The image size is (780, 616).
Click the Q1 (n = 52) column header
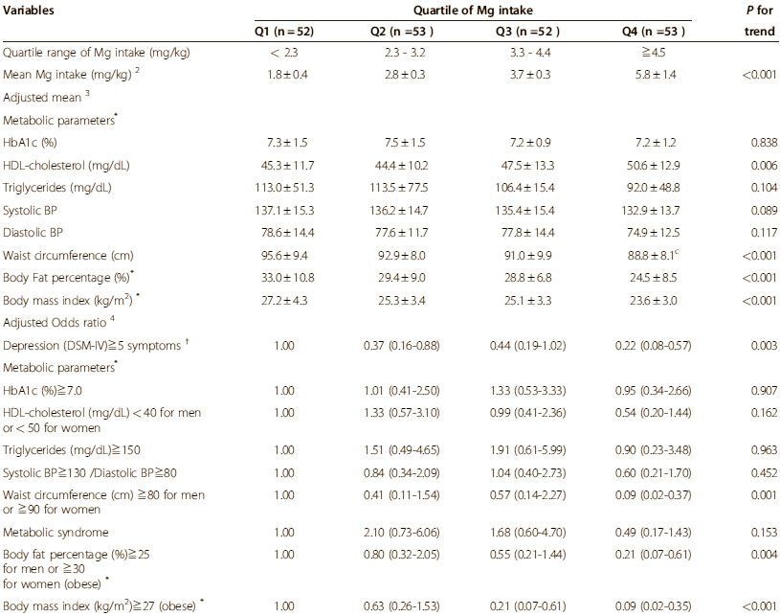284,32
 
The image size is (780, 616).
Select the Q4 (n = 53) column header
653,32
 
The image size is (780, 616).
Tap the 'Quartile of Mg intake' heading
473,10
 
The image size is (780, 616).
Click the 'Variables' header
29,10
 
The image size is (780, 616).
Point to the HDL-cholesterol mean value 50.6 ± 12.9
652,166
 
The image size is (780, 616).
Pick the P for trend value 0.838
764,143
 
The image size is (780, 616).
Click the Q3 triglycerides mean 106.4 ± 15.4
527,188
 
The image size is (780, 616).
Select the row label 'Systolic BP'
30,210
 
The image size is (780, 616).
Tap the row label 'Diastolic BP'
33,233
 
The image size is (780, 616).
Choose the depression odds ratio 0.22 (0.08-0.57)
653,346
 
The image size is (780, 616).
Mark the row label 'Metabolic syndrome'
56,533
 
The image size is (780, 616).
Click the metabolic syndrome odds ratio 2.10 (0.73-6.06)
401,533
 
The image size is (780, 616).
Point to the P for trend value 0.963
764,450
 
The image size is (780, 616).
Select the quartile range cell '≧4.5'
653,53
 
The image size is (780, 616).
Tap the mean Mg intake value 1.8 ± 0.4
287,75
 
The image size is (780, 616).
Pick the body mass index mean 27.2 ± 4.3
284,300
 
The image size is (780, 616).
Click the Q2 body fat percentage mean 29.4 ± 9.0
401,278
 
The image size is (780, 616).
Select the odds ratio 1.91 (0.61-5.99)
527,450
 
